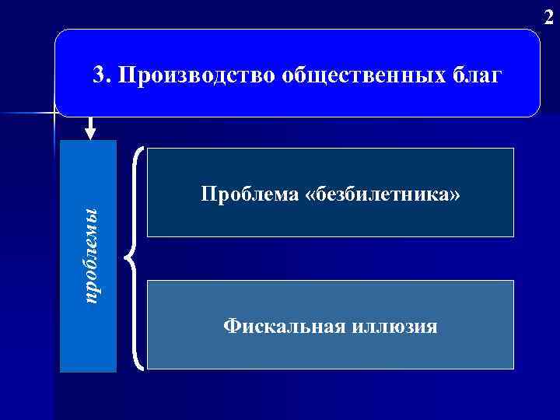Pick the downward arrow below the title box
click(x=91, y=128)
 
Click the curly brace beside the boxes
click(x=134, y=256)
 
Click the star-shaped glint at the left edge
click(x=55, y=115)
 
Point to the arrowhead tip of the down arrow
click(x=91, y=138)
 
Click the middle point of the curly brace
click(x=128, y=257)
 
